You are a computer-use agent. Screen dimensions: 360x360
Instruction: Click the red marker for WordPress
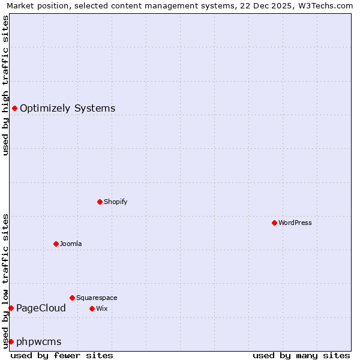coord(274,223)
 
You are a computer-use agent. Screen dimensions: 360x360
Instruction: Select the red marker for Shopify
coord(100,202)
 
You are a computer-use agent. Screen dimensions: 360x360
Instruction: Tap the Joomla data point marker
coord(56,244)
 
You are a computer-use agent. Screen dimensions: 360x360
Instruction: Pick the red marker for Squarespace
coord(72,298)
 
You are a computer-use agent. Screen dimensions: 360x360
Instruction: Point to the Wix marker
coord(92,308)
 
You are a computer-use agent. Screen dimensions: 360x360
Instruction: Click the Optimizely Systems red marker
coord(14,108)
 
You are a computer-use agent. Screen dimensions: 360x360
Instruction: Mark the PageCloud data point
coord(11,308)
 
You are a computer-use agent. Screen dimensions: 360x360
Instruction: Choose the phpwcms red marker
coord(11,341)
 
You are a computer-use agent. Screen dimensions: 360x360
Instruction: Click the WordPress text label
coord(295,223)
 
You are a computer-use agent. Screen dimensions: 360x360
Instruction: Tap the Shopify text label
coord(115,202)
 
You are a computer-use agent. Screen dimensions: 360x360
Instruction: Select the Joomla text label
coord(71,244)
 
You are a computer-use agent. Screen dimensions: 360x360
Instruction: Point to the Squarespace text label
coord(97,298)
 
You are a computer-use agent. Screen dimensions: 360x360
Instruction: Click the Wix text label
coord(101,308)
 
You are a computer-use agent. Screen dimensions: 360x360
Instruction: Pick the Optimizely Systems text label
coord(67,108)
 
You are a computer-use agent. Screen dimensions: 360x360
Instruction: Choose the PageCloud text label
coord(41,308)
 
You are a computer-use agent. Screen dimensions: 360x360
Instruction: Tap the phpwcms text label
coord(39,341)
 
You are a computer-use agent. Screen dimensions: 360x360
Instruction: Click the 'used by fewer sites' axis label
coord(62,355)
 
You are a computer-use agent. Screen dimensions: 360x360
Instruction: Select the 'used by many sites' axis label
coord(301,355)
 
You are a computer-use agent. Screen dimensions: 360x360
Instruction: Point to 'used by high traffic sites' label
coord(6,85)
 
